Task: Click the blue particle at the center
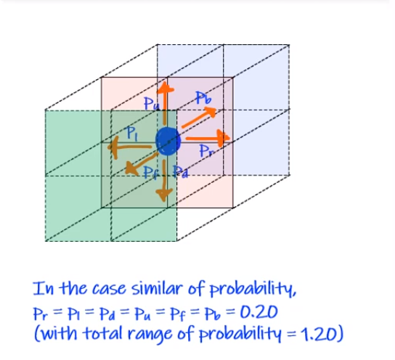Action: click(x=168, y=140)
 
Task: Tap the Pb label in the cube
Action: click(x=203, y=98)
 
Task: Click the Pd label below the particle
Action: click(x=182, y=172)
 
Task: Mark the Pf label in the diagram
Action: click(x=150, y=172)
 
